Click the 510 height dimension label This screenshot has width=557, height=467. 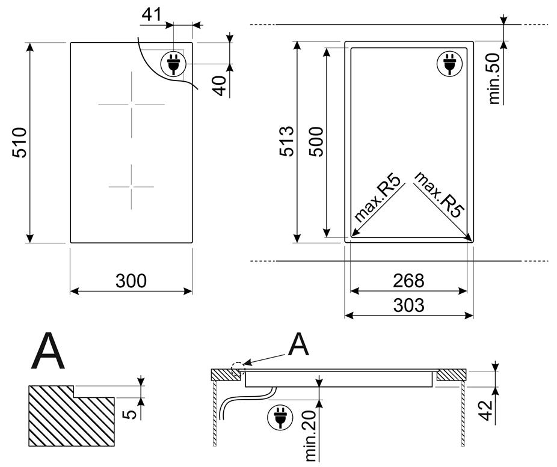point(19,142)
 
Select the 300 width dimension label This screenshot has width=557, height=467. point(131,281)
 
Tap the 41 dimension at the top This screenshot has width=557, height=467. point(152,15)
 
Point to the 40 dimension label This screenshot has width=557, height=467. point(221,85)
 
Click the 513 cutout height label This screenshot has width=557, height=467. point(287,141)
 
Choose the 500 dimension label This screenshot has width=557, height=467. point(316,142)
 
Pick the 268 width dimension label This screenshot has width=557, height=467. point(408,281)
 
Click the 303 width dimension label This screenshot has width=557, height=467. point(408,305)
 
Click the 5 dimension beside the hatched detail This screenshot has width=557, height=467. point(131,414)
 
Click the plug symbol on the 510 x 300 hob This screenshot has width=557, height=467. point(173,64)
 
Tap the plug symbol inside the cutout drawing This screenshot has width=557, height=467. point(449,64)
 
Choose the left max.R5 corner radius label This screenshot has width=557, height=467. point(379,198)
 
